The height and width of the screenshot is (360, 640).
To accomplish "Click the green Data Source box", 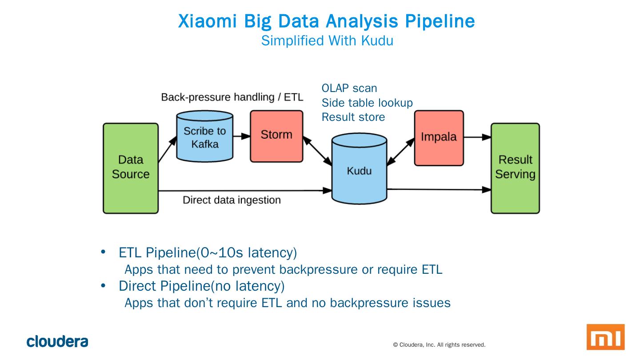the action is click(131, 168).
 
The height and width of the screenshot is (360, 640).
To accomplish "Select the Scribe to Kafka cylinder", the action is click(204, 136).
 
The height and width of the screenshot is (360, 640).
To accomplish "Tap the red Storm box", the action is click(276, 136).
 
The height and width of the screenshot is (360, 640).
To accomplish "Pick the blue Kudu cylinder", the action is click(360, 168).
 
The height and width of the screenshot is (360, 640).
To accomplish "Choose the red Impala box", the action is click(439, 138).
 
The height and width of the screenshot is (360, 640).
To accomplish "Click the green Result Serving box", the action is click(515, 168).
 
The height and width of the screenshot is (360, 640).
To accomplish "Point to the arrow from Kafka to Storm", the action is click(242, 136).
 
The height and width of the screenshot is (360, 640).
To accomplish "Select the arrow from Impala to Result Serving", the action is click(477, 137).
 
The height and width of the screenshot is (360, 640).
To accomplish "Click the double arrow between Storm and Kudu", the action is click(317, 151).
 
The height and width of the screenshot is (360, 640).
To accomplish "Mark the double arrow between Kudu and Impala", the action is click(400, 152).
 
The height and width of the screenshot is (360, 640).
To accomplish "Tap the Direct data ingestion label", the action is click(232, 200).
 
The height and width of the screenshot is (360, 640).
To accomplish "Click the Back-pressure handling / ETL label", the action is click(232, 97).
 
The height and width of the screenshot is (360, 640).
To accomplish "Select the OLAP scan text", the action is click(349, 88).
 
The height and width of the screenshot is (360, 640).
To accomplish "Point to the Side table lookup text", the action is click(367, 103).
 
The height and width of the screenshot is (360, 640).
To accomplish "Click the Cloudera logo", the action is click(57, 341).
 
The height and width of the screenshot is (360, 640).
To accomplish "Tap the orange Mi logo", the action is click(605, 337).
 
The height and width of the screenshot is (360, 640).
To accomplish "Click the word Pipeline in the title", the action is click(440, 21).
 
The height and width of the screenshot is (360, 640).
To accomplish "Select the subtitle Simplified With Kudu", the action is click(327, 40).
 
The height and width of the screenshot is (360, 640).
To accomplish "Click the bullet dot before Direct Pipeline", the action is click(103, 285).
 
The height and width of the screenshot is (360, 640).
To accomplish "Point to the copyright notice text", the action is click(439, 345).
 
